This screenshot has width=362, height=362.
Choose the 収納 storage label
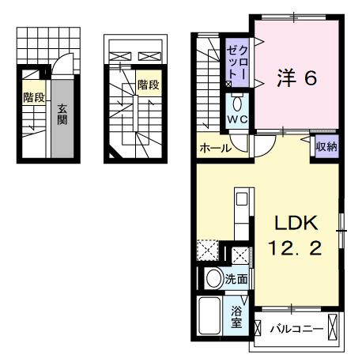pyautogui.click(x=326, y=146)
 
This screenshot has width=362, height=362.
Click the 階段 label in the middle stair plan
pyautogui.click(x=147, y=85)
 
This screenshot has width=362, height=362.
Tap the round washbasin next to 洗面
pyautogui.click(x=212, y=279)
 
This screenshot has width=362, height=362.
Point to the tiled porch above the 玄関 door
pyautogui.click(x=46, y=43)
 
